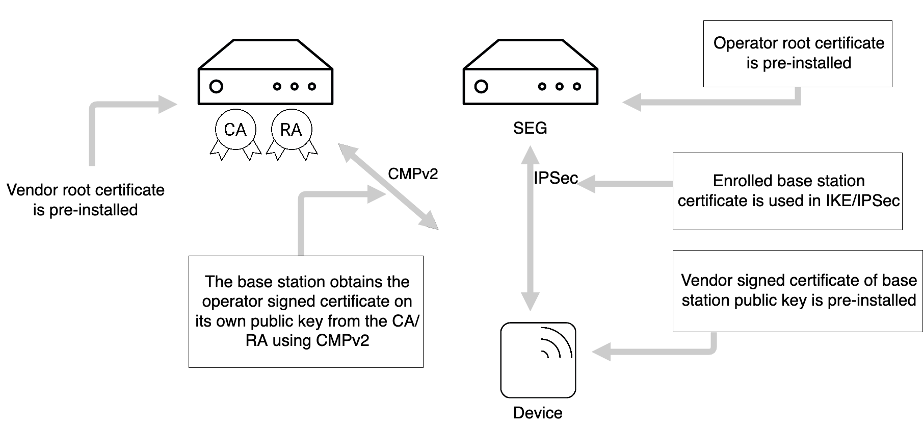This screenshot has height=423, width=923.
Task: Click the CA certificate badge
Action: click(x=235, y=130)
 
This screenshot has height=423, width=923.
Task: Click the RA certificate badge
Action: click(x=291, y=130)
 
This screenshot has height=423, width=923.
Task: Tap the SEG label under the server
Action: click(x=530, y=128)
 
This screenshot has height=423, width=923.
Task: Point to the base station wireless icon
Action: click(x=538, y=360)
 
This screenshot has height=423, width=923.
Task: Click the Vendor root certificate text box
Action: click(x=85, y=200)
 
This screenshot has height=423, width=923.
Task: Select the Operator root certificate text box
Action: click(x=798, y=53)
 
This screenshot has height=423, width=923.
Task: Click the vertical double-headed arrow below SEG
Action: click(x=530, y=227)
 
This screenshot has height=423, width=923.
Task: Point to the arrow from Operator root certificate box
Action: click(x=714, y=102)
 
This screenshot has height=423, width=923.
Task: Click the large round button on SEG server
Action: click(x=481, y=86)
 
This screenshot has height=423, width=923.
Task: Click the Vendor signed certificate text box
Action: click(x=798, y=290)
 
